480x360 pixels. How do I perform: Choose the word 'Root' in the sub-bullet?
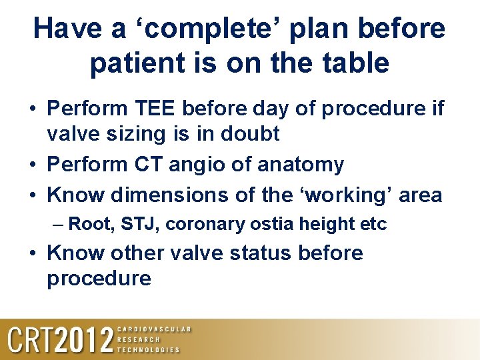coord(91,224)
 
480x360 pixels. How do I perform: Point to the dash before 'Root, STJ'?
coord(58,225)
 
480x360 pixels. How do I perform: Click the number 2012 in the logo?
coord(84,340)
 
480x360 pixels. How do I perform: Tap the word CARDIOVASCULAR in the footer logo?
coord(154,329)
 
